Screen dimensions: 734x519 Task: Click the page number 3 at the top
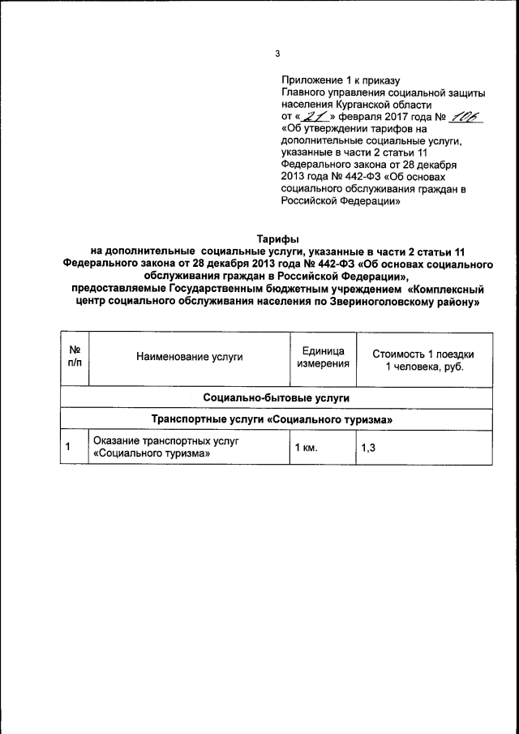click(277, 54)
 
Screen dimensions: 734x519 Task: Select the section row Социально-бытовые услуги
click(277, 399)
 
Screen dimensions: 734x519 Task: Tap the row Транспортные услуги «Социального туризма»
click(277, 420)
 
